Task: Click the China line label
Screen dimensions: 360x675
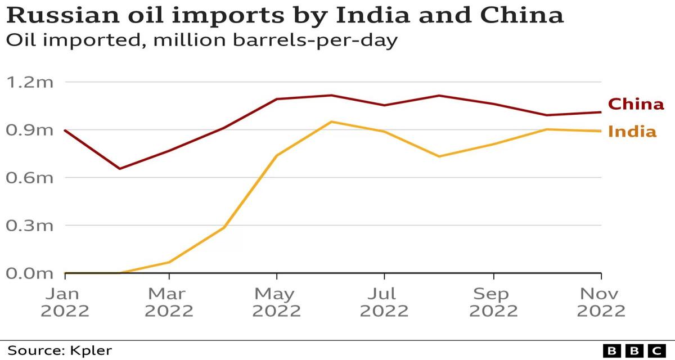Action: click(636, 104)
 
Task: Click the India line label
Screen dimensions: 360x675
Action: click(632, 132)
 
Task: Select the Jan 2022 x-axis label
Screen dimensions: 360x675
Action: click(65, 302)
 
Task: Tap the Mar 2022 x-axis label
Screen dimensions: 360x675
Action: click(169, 302)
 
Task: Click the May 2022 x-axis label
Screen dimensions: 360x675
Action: click(276, 302)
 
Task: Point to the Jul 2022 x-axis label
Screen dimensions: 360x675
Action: click(384, 302)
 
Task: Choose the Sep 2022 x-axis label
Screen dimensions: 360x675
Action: click(493, 302)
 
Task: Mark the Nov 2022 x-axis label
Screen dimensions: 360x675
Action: click(601, 302)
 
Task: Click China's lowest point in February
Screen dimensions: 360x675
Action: click(119, 168)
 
